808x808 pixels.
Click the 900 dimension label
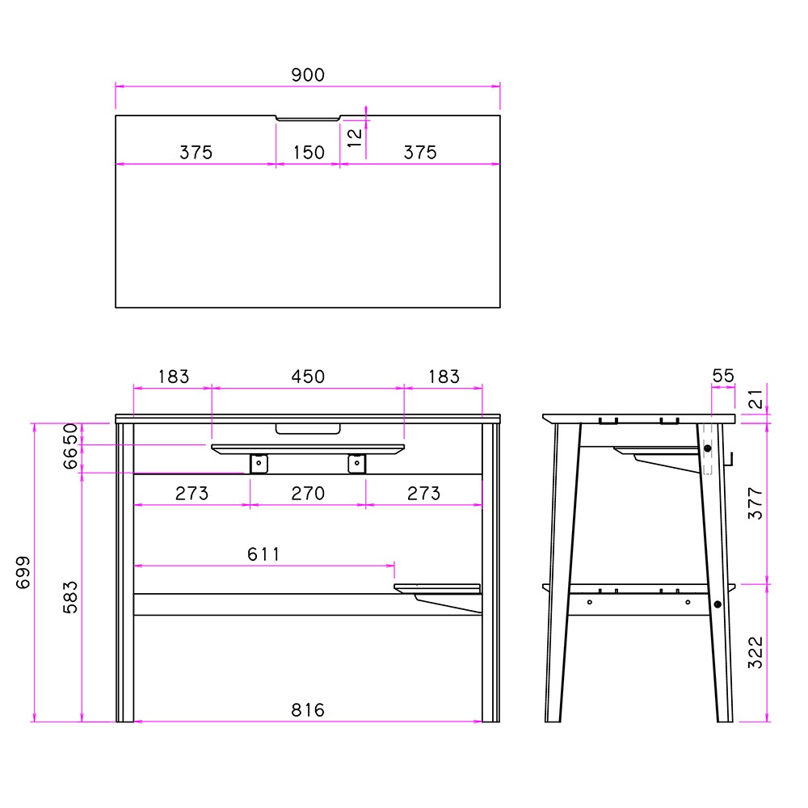(x=308, y=75)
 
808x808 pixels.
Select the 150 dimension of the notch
(x=309, y=153)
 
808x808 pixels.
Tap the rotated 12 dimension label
(x=355, y=138)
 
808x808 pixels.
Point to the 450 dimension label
(x=308, y=377)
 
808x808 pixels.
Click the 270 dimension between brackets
(x=308, y=494)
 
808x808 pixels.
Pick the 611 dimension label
(x=263, y=554)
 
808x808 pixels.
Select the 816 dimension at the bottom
(x=308, y=710)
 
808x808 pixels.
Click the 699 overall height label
(x=23, y=572)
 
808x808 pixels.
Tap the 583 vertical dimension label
(x=70, y=597)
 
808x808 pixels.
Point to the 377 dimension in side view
(x=755, y=503)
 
